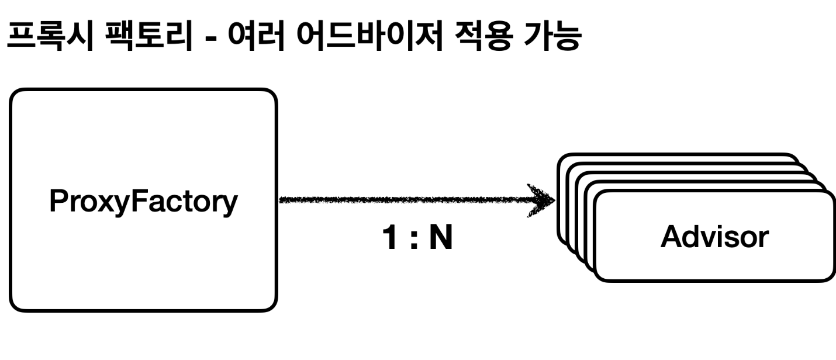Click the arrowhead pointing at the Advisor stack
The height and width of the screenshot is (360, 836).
tap(543, 200)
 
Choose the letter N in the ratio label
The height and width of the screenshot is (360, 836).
tap(441, 240)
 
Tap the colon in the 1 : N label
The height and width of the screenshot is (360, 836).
tap(414, 241)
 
